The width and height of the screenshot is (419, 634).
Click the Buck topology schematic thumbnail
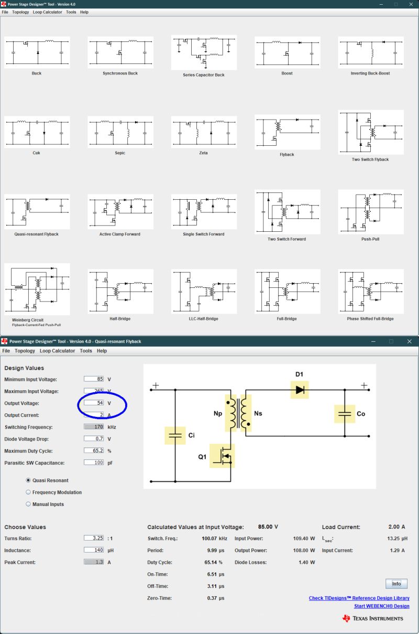pos(37,52)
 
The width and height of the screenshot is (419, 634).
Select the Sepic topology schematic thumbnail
pos(120,132)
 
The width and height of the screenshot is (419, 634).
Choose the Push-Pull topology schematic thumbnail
pos(370,211)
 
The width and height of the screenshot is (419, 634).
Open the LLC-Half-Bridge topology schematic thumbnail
pos(204,292)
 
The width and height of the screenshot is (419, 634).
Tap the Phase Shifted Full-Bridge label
pos(370,319)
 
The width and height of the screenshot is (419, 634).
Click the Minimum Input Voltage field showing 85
pos(94,379)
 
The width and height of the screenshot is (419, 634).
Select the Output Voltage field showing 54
pos(94,403)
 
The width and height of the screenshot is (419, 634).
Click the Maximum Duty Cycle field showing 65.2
pos(94,451)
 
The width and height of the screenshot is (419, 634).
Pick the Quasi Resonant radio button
pos(28,480)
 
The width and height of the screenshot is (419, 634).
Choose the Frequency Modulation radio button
pos(28,492)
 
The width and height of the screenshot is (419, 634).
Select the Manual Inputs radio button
pos(28,504)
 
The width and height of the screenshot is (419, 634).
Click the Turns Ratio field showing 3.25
pos(94,539)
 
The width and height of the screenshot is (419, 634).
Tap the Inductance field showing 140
pos(94,551)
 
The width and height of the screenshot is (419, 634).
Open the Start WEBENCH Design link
pos(381,606)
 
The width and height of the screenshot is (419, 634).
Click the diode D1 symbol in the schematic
pos(300,390)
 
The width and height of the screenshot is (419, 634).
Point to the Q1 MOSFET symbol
pos(223,456)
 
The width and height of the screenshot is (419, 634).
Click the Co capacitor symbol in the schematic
pos(345,414)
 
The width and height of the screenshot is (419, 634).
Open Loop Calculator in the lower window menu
pos(57,351)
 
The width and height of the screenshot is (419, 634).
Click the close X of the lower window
pos(410,341)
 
